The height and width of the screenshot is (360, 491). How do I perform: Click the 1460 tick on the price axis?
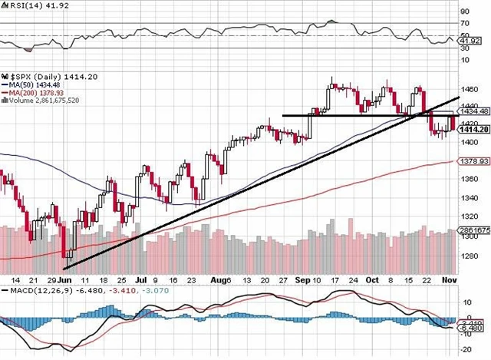[x=470, y=90]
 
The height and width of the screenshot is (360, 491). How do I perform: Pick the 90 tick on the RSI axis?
[x=464, y=12]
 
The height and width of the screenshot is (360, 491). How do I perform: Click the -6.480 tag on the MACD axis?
[x=473, y=329]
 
